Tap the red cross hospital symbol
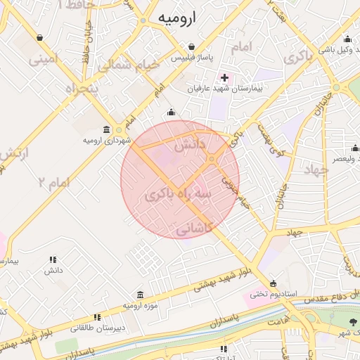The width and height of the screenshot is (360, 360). [224, 77]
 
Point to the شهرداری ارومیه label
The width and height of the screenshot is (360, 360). [108, 141]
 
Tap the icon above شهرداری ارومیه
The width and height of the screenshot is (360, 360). [106, 129]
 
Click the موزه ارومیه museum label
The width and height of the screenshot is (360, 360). [140, 306]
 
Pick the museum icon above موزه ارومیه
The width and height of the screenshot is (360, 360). [140, 295]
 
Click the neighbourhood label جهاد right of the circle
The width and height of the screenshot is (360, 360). [316, 169]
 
